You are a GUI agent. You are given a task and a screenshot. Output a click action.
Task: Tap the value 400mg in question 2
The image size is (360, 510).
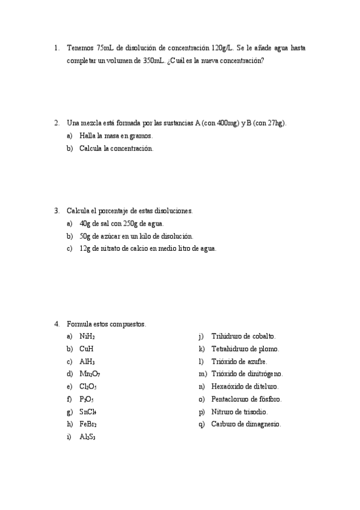(225, 123)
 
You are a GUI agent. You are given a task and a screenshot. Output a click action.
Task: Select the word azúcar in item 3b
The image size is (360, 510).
(108, 236)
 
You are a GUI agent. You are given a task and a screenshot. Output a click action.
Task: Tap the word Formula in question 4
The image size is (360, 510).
(79, 324)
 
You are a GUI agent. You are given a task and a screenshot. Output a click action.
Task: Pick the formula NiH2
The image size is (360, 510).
(87, 337)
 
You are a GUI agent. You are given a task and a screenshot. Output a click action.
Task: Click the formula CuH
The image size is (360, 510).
(86, 349)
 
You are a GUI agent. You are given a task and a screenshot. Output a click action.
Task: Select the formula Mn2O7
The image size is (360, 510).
(90, 374)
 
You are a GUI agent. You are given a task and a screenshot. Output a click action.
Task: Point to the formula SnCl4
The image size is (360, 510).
(88, 412)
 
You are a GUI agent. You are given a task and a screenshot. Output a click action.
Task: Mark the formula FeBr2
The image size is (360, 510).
(88, 425)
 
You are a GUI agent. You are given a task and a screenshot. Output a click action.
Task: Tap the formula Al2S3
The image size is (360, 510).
(87, 437)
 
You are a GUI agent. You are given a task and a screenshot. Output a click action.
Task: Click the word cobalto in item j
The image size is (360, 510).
(262, 336)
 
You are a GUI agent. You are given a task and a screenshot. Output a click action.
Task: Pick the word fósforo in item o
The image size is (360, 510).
(269, 399)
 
